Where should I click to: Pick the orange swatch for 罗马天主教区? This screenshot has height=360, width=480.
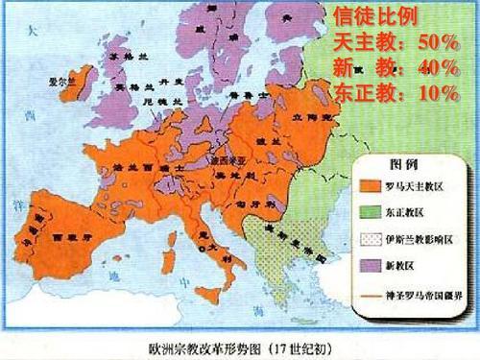coord(368,184)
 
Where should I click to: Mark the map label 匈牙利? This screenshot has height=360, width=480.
coord(253,178)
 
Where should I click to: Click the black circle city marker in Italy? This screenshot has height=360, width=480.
coord(201,248)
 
